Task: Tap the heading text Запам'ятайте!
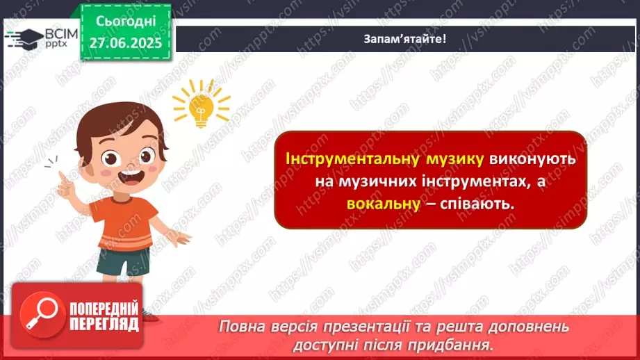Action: point(404,38)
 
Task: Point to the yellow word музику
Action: point(452,159)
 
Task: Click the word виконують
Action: point(532,159)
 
